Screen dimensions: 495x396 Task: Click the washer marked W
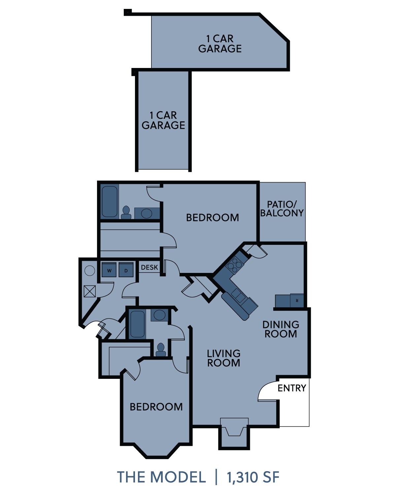click(x=109, y=270)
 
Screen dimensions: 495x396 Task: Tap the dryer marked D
click(x=126, y=270)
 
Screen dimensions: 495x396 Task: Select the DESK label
click(x=149, y=267)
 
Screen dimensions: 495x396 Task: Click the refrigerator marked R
click(x=297, y=300)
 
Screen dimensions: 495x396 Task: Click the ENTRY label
click(x=292, y=388)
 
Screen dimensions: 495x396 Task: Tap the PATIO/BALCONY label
click(x=282, y=209)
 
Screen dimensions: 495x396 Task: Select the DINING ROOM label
click(x=280, y=329)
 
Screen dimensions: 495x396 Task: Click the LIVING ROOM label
click(x=223, y=358)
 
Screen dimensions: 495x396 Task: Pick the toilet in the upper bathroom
click(x=126, y=213)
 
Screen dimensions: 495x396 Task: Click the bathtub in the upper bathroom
click(x=110, y=202)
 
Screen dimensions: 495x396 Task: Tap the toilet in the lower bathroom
click(x=161, y=350)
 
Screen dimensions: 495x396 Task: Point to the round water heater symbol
click(x=90, y=271)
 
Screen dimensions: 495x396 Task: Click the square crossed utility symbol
click(x=90, y=291)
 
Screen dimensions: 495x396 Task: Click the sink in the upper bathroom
click(x=147, y=214)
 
